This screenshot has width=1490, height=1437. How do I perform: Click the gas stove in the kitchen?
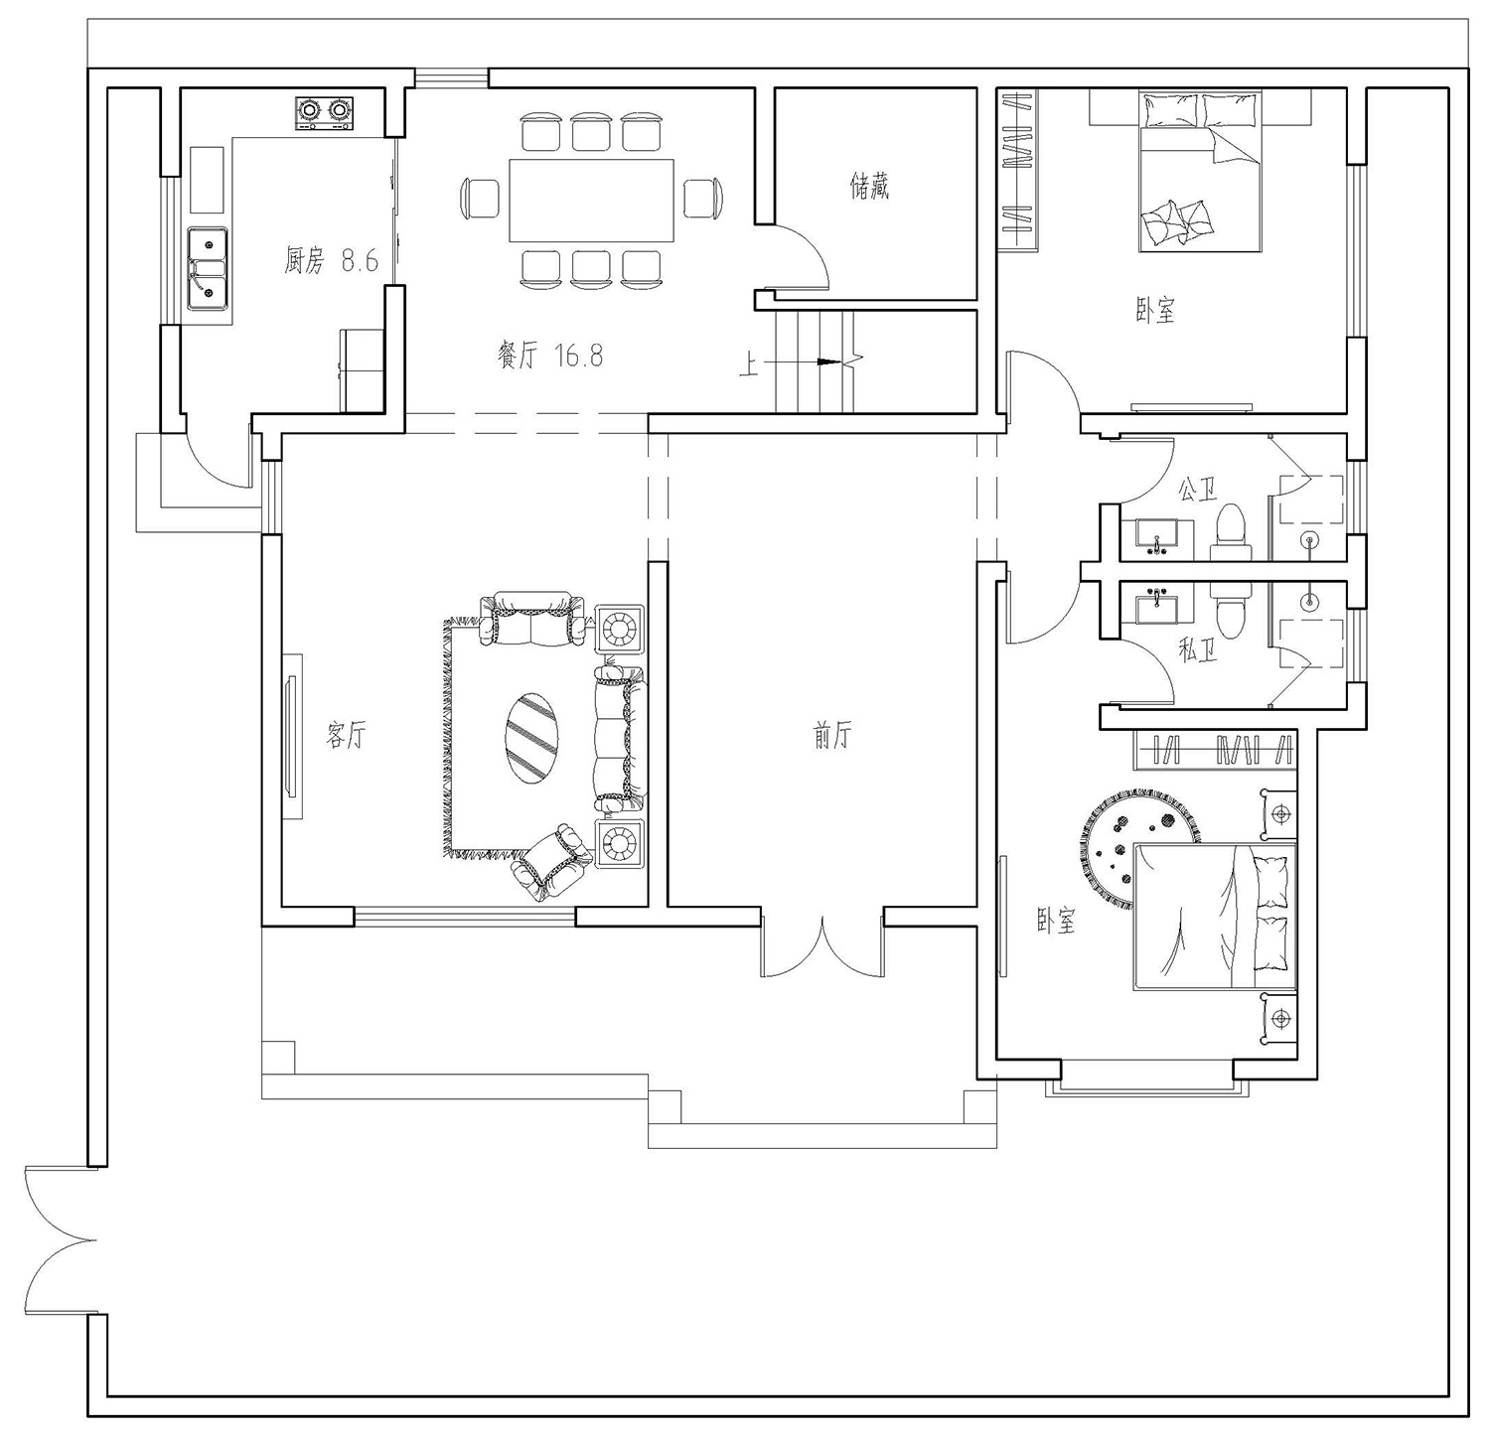coord(324,112)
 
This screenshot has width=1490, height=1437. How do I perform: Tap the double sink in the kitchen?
coord(209,268)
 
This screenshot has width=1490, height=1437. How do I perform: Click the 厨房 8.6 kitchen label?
coord(332,261)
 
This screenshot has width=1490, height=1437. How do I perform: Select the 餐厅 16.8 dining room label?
coord(549,356)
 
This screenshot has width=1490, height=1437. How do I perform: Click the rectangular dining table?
coord(592,200)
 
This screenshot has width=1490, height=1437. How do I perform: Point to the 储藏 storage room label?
coord(869,186)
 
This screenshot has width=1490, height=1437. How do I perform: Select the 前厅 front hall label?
coord(832,736)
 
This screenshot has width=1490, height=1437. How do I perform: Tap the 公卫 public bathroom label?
coord(1197,490)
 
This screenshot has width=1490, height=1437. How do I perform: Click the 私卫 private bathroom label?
coord(1197,651)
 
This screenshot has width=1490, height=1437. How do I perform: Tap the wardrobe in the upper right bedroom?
coord(1019,169)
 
